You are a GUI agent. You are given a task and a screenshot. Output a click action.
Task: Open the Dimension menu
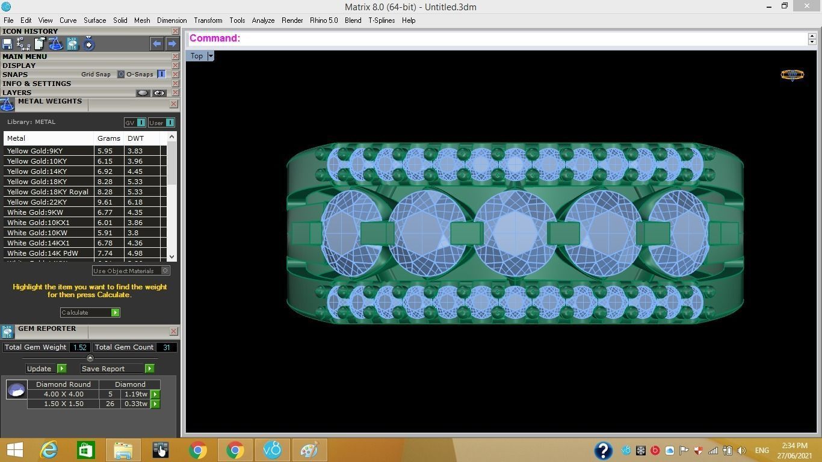pos(172,20)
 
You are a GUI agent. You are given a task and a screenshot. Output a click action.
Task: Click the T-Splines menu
pos(382,20)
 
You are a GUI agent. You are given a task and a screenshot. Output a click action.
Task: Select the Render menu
pos(292,20)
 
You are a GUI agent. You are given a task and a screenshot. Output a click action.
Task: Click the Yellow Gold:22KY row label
pos(37,202)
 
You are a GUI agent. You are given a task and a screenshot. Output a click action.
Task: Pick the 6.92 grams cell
pos(105,171)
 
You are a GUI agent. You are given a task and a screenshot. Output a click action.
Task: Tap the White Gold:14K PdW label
pos(42,253)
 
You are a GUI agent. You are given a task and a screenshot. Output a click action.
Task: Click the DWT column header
pos(135,138)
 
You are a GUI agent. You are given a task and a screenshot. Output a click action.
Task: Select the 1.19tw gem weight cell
pos(135,395)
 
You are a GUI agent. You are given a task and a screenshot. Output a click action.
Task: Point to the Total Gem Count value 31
pos(166,347)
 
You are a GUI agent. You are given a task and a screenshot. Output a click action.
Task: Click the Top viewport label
pos(197,56)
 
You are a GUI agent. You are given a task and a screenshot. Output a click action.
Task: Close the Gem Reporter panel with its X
pos(173,331)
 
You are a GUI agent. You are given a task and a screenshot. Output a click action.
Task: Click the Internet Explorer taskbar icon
pos(48,450)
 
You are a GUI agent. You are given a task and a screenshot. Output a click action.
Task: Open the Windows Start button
pos(14,450)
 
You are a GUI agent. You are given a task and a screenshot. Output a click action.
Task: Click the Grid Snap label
pos(96,75)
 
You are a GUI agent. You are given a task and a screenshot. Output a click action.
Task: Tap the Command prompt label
pos(215,38)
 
